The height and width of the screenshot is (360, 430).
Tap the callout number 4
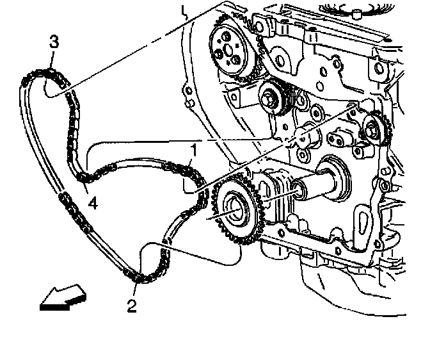(93, 204)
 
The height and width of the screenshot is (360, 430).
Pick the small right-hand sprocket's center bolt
(370, 131)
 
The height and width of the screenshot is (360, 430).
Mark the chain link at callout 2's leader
(136, 277)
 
